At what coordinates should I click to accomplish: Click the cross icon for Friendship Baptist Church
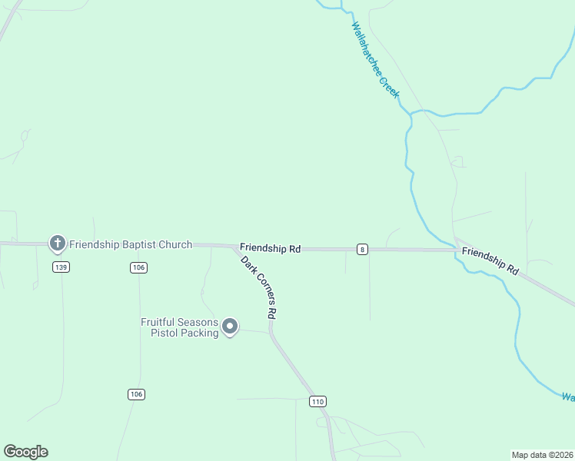pyautogui.click(x=57, y=244)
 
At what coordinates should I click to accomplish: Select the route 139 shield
pyautogui.click(x=61, y=267)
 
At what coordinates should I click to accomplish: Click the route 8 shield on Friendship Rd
pyautogui.click(x=362, y=249)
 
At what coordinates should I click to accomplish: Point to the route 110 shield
pyautogui.click(x=318, y=402)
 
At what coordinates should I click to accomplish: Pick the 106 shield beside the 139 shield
pyautogui.click(x=138, y=267)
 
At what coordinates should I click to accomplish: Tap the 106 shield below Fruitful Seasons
pyautogui.click(x=136, y=394)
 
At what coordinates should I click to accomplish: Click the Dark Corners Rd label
pyautogui.click(x=258, y=287)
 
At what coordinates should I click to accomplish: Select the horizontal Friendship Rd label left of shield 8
pyautogui.click(x=270, y=248)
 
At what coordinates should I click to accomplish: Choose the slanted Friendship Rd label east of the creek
pyautogui.click(x=490, y=262)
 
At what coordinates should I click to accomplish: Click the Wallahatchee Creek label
pyautogui.click(x=375, y=60)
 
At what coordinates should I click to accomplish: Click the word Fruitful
pyautogui.click(x=158, y=323)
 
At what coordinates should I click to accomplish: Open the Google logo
pyautogui.click(x=25, y=452)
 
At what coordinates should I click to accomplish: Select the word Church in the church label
pyautogui.click(x=175, y=245)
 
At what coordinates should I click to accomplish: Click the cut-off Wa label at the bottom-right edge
pyautogui.click(x=567, y=397)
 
